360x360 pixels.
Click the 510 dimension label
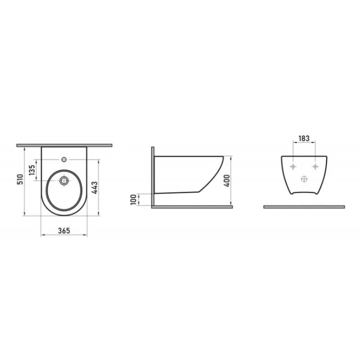20,179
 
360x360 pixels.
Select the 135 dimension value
32,170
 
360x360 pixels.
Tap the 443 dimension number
94,188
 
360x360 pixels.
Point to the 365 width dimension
64,230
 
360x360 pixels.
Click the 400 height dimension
227,181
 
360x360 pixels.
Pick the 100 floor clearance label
133,199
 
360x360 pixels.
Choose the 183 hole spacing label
304,139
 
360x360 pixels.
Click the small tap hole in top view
64,159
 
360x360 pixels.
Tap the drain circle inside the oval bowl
64,180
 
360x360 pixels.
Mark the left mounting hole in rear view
293,166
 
